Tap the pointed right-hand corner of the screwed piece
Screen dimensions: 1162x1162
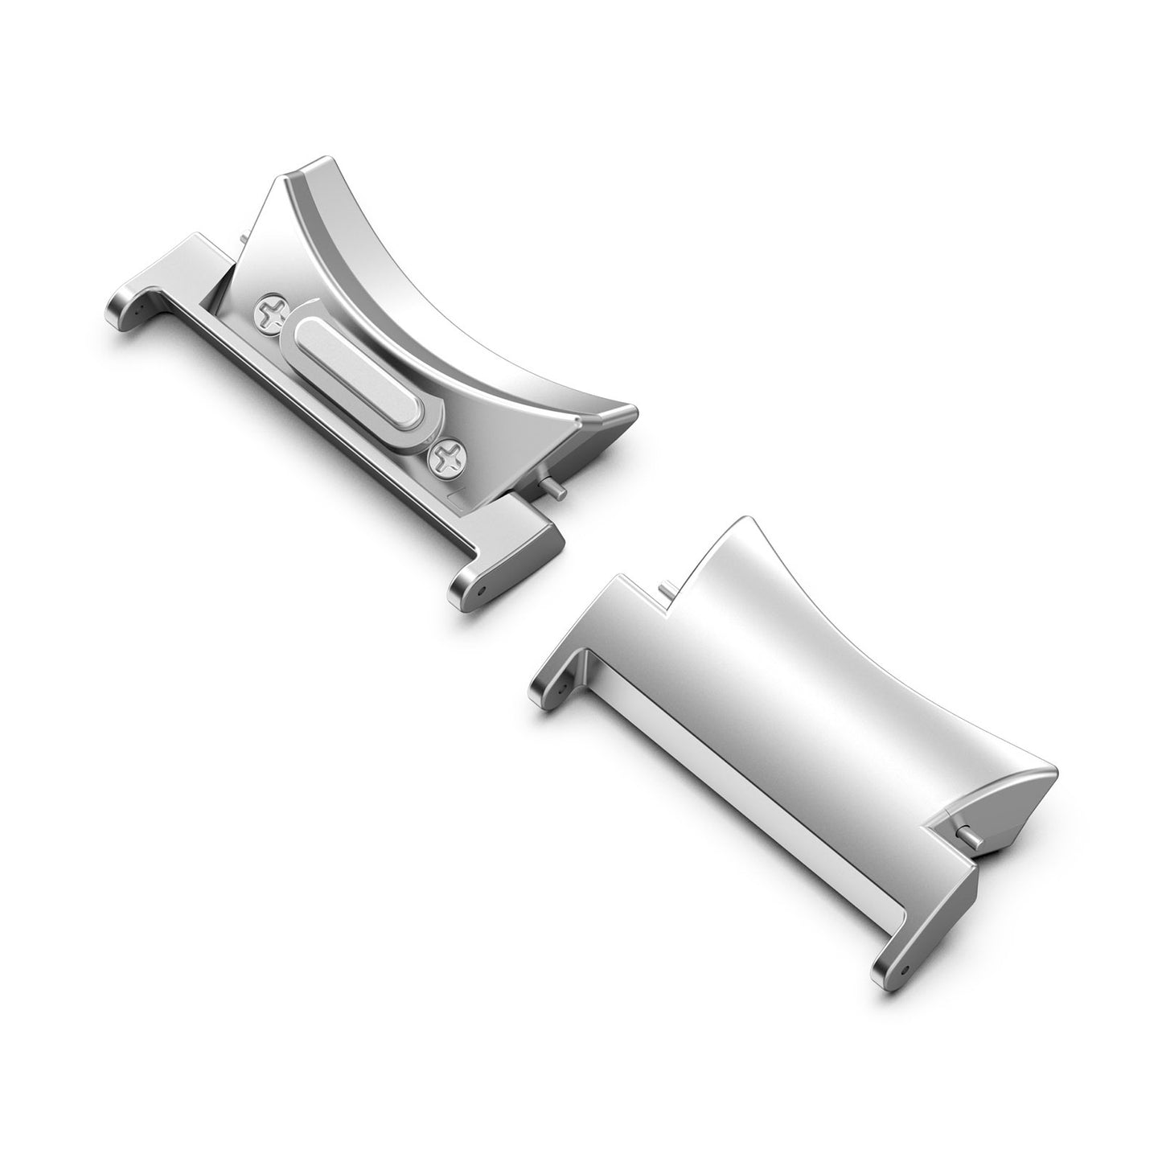(x=630, y=415)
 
